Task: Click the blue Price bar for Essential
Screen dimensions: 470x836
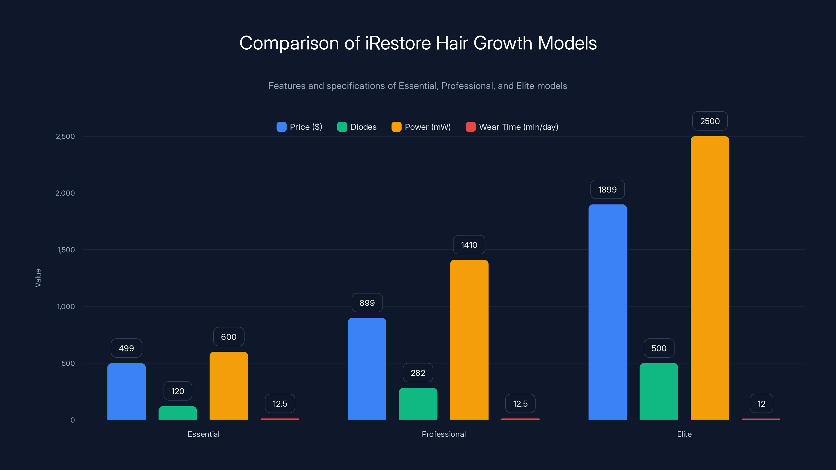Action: point(126,391)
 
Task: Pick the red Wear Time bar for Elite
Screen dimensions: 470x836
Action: point(761,419)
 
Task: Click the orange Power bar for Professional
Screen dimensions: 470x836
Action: point(469,340)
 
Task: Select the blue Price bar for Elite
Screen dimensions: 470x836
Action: point(607,312)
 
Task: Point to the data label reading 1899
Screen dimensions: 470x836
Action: point(607,189)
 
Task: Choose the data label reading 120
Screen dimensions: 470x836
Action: point(178,391)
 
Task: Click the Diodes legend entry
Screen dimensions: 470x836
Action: point(357,127)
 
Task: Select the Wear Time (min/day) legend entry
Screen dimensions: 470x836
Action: point(512,127)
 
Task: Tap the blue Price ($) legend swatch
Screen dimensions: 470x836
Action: point(281,127)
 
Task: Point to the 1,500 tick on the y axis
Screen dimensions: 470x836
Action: point(66,250)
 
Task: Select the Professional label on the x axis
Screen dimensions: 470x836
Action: point(444,434)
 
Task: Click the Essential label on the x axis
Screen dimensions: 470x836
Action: point(204,434)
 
